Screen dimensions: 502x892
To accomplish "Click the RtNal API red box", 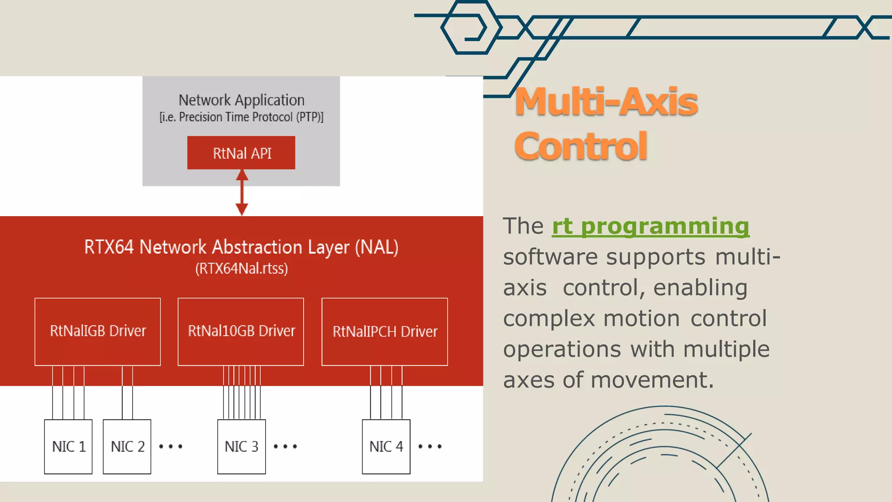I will pyautogui.click(x=241, y=153).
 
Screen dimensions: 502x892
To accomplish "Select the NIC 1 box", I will pyautogui.click(x=68, y=447).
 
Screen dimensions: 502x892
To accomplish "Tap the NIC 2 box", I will pyautogui.click(x=127, y=447).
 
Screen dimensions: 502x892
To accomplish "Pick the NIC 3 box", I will pyautogui.click(x=241, y=447).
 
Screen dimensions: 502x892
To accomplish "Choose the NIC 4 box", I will pyautogui.click(x=386, y=447).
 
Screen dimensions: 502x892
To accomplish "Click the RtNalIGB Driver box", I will pyautogui.click(x=98, y=331).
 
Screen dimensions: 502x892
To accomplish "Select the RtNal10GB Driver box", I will pyautogui.click(x=241, y=331).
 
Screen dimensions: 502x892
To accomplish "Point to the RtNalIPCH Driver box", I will pyautogui.click(x=385, y=332).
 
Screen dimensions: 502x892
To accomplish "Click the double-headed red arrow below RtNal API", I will pyautogui.click(x=242, y=192).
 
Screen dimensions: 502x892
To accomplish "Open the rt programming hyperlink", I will pyautogui.click(x=650, y=226).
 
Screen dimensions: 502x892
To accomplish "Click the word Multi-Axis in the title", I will pyautogui.click(x=606, y=102).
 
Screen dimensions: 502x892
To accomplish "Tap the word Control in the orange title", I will pyautogui.click(x=581, y=146).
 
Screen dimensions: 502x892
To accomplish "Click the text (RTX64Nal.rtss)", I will pyautogui.click(x=241, y=268).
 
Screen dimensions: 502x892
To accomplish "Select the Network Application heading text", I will pyautogui.click(x=241, y=100).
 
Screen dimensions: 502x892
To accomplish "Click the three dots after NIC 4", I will pyautogui.click(x=429, y=447).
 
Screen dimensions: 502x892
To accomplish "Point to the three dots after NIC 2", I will pyautogui.click(x=171, y=447).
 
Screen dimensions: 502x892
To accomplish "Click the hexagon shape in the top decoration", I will pyautogui.click(x=470, y=27).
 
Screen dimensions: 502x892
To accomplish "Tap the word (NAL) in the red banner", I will pyautogui.click(x=376, y=247).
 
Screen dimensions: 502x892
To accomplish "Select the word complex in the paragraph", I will pyautogui.click(x=549, y=319).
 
